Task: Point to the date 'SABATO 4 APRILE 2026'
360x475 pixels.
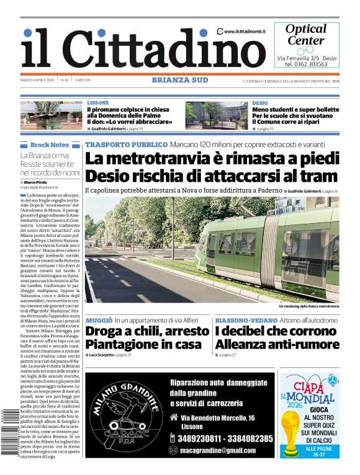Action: click(x=39, y=80)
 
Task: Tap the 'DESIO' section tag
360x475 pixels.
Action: click(x=260, y=103)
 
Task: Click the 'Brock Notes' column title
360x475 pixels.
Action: click(x=50, y=144)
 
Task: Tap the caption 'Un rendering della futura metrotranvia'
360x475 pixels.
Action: click(x=308, y=306)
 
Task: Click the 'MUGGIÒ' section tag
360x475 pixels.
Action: click(x=99, y=320)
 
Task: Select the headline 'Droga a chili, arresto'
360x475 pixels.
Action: click(x=147, y=332)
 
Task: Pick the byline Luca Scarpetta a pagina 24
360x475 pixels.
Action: click(x=112, y=355)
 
